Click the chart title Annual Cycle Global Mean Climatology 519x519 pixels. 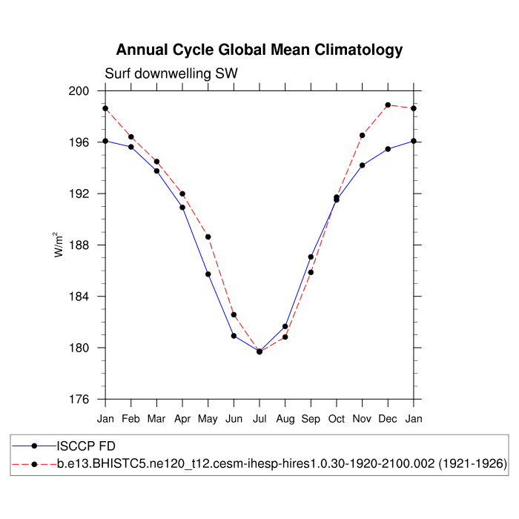[259, 50]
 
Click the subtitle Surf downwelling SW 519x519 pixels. [171, 73]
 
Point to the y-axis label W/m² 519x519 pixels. [59, 245]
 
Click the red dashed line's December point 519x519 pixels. [388, 105]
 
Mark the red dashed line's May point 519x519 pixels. [208, 237]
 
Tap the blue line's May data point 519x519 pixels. [208, 274]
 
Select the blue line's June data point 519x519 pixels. [234, 336]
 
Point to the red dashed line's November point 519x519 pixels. [363, 136]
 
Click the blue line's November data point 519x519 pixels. [363, 165]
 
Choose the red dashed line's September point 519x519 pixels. [311, 272]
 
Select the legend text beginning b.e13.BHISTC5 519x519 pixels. [282, 464]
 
